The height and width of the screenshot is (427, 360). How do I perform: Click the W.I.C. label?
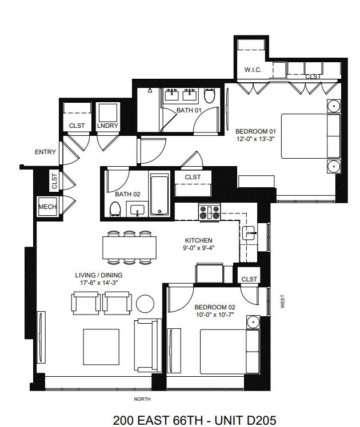click(253, 70)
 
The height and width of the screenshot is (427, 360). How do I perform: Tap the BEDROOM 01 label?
click(255, 130)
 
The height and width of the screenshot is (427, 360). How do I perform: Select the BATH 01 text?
click(189, 110)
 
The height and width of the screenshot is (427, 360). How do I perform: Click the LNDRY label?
click(107, 126)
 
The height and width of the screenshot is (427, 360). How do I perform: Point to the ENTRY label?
click(46, 152)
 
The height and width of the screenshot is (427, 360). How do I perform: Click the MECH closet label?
click(47, 207)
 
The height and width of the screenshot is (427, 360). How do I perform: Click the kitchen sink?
click(249, 232)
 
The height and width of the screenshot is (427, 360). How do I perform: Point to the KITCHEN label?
click(198, 240)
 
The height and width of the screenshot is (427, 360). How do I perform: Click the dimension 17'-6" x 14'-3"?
click(99, 283)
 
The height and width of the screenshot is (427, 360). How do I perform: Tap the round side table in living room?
click(145, 303)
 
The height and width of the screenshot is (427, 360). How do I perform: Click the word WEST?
click(282, 302)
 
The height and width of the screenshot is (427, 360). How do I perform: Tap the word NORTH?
click(142, 399)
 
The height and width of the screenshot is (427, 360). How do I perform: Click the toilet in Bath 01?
click(210, 96)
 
